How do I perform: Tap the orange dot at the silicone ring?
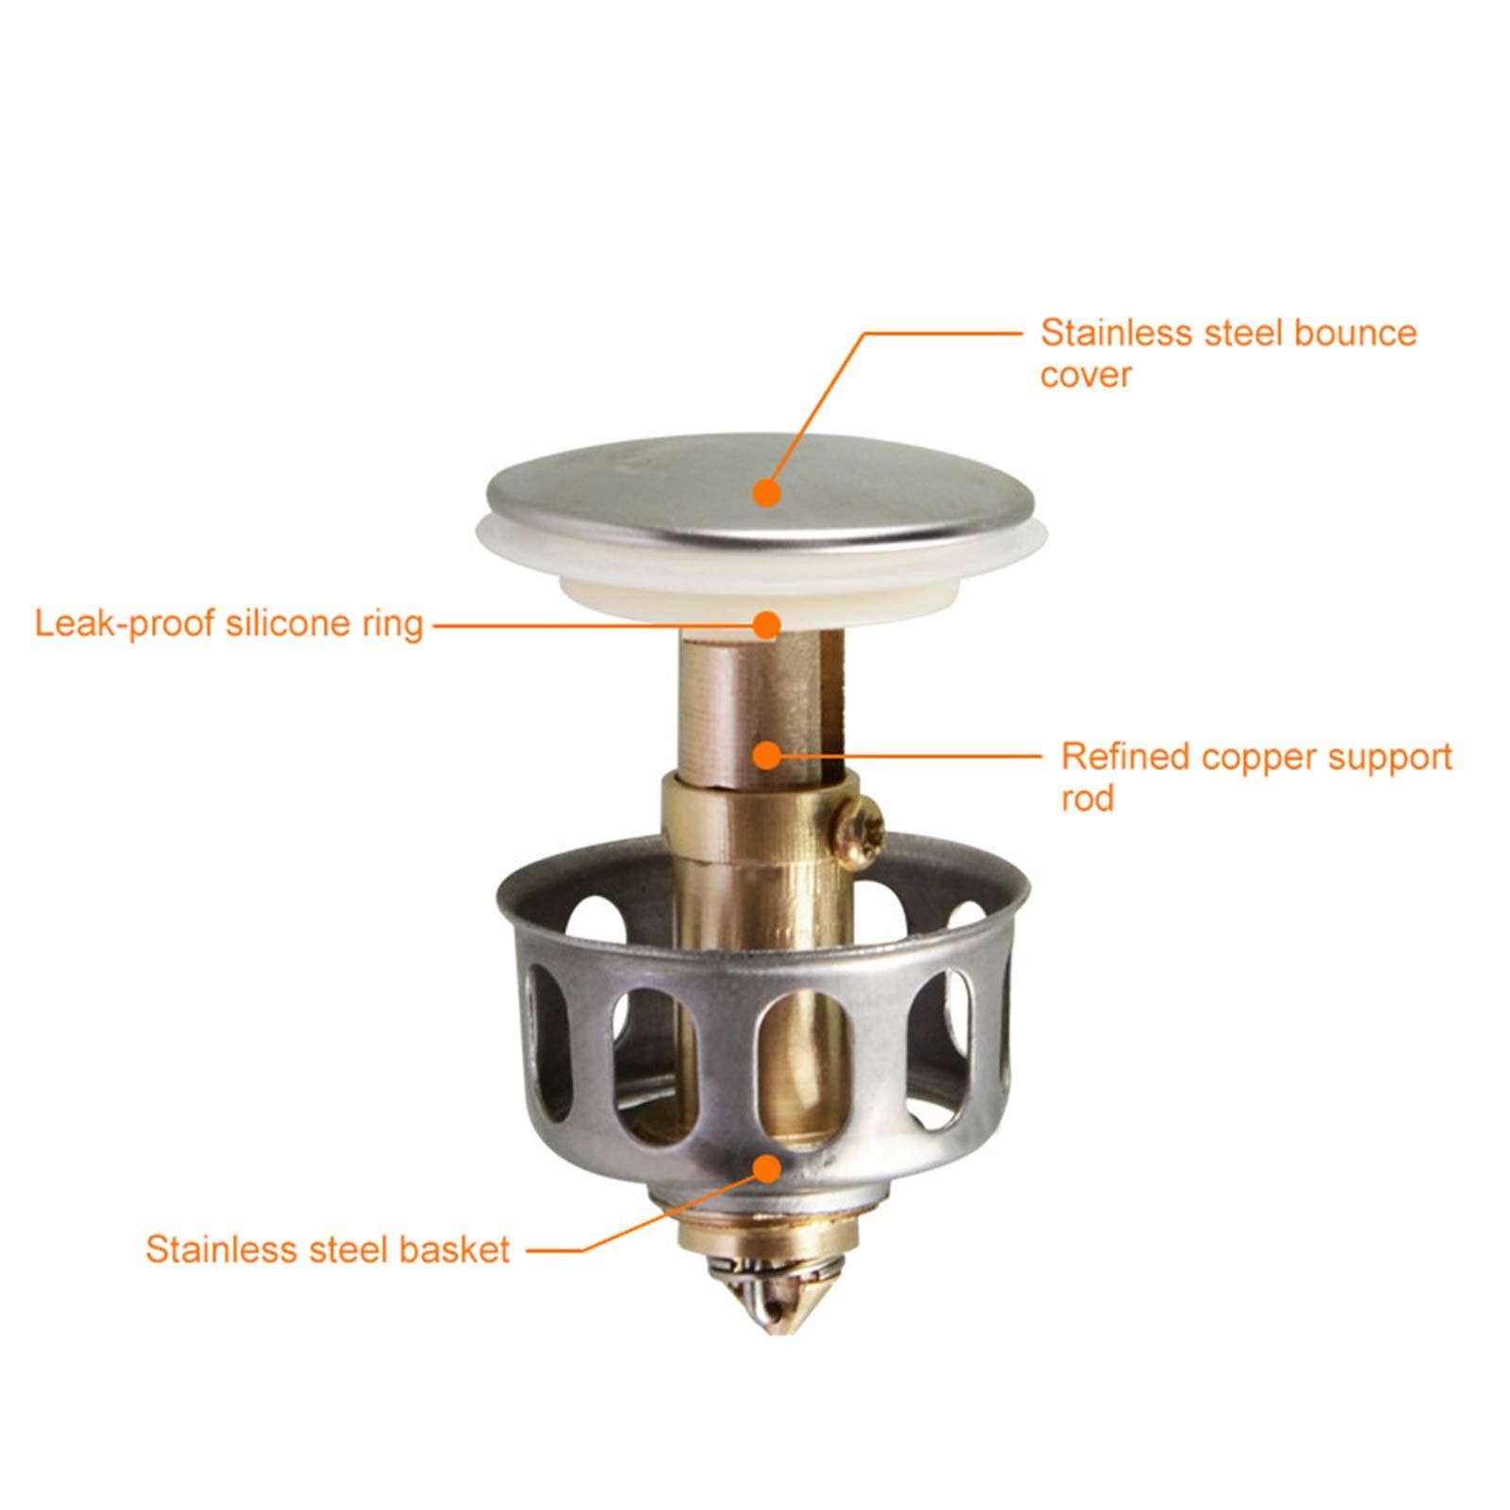click(x=767, y=624)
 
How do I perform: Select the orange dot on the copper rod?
click(x=767, y=754)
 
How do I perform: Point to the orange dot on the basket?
click(x=767, y=1167)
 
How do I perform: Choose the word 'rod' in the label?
click(x=1088, y=799)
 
